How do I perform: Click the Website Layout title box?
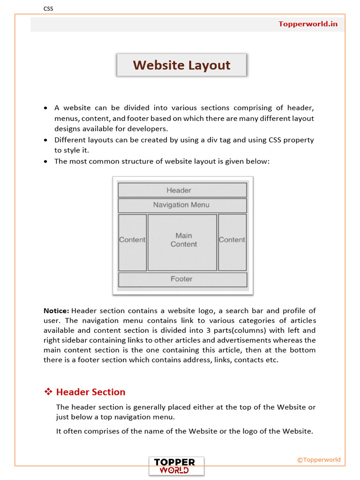tap(181, 65)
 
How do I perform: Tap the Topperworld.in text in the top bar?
tap(307, 24)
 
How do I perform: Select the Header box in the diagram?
tap(182, 190)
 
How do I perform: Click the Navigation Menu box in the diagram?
tap(182, 205)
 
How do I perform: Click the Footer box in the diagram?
tap(182, 279)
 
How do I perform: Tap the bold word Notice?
tap(56, 311)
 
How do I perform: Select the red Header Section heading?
tap(90, 392)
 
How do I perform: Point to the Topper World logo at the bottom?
tap(176, 466)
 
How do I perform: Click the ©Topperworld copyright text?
tap(319, 460)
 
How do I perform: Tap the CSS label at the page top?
tap(48, 8)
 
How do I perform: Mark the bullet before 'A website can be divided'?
tap(45, 108)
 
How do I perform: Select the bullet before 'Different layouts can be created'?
tap(45, 140)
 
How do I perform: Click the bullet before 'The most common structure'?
tap(45, 162)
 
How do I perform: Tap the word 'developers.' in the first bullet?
tap(148, 129)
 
